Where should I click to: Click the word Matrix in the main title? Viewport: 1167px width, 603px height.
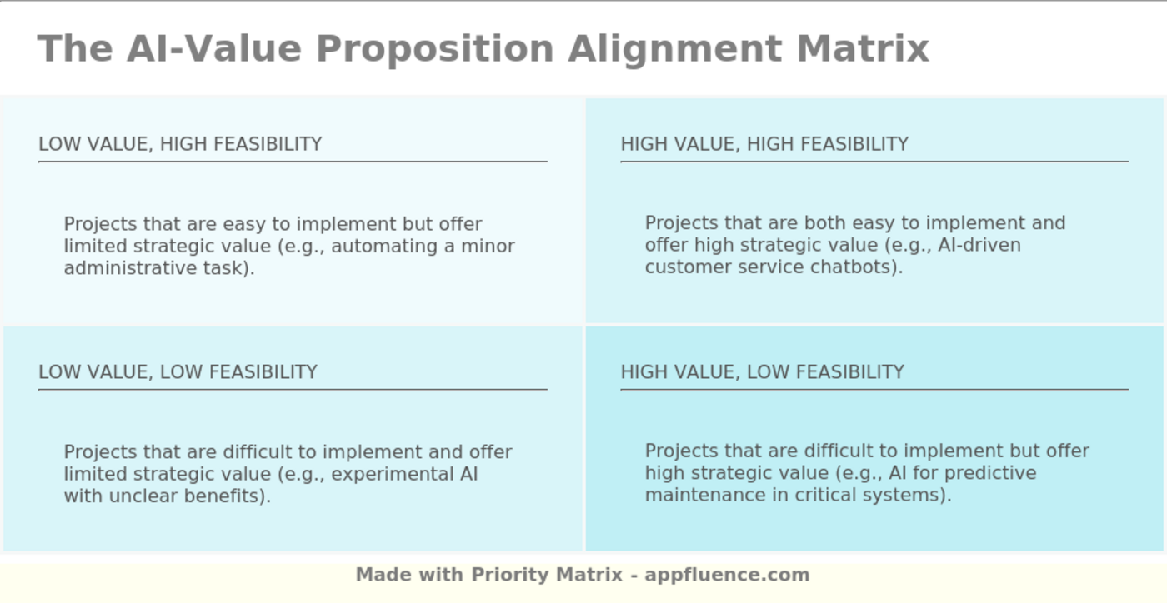pyautogui.click(x=863, y=49)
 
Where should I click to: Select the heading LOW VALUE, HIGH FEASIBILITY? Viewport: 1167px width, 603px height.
pyautogui.click(x=180, y=144)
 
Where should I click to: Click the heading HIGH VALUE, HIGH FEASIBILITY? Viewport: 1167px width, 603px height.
pyautogui.click(x=764, y=144)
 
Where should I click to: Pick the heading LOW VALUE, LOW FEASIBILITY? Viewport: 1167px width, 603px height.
pyautogui.click(x=178, y=372)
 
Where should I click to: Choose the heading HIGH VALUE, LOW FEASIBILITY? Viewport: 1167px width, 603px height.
pyautogui.click(x=762, y=372)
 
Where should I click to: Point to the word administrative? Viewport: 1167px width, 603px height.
pyautogui.click(x=131, y=268)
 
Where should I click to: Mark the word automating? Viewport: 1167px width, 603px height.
pyautogui.click(x=384, y=247)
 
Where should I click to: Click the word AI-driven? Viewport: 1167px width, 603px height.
pyautogui.click(x=979, y=245)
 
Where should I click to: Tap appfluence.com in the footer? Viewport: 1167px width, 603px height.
pyautogui.click(x=727, y=576)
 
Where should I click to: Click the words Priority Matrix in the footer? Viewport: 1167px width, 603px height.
pyautogui.click(x=547, y=575)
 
